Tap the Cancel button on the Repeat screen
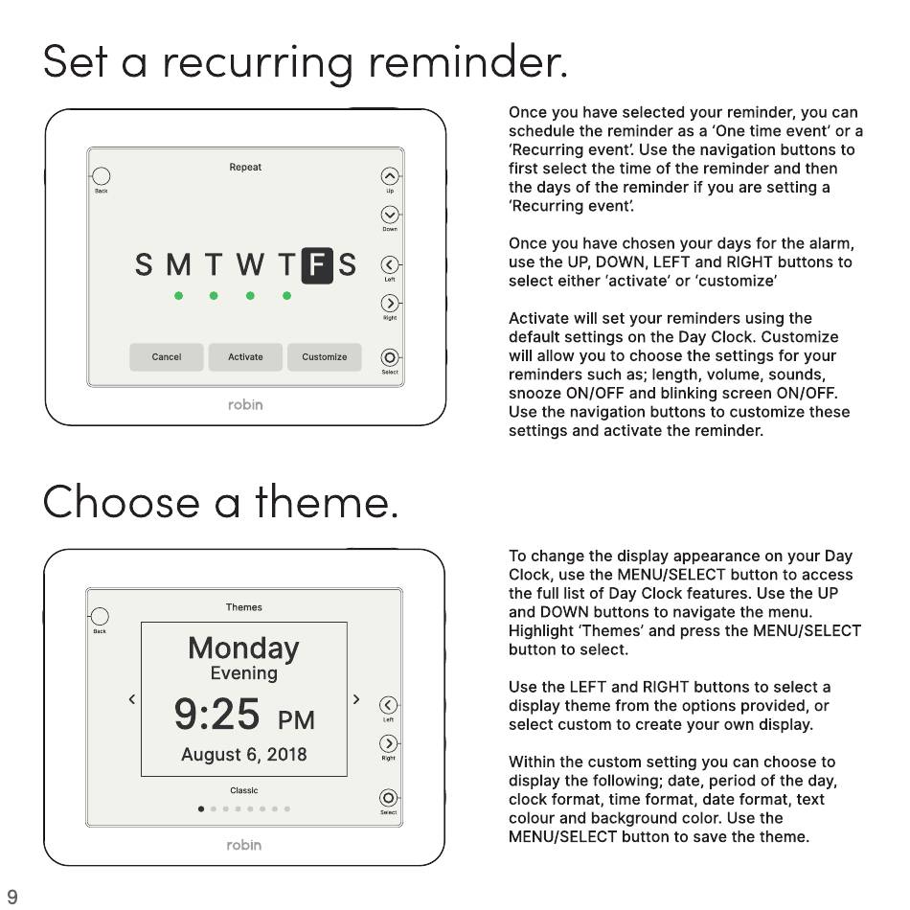[x=167, y=357]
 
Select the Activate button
[x=245, y=357]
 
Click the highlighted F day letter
[x=317, y=265]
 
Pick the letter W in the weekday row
[x=250, y=264]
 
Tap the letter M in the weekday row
[x=179, y=264]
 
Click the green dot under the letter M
[x=179, y=296]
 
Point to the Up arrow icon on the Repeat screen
[x=390, y=176]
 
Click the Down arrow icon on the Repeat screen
[x=390, y=215]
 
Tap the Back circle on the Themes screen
[x=100, y=616]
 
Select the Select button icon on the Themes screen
[x=388, y=798]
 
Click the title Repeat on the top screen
[x=245, y=167]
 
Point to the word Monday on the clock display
[x=243, y=648]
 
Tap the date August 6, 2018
[x=243, y=755]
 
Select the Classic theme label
[x=243, y=790]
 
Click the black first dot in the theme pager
[x=201, y=809]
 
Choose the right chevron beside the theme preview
[x=356, y=699]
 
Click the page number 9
[x=12, y=897]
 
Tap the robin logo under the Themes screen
[x=243, y=845]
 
